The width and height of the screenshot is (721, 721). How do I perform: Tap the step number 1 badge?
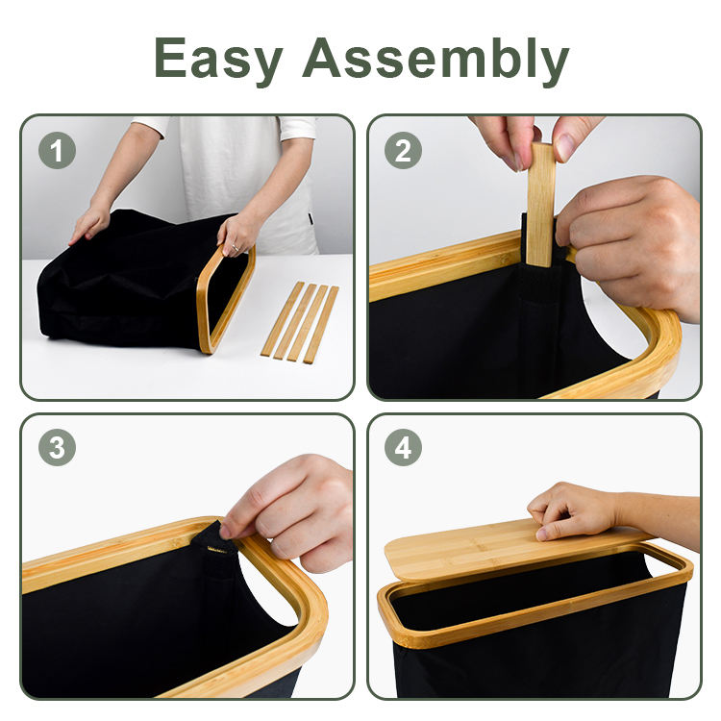click(x=57, y=150)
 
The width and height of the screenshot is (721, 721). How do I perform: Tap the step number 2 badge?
click(x=403, y=150)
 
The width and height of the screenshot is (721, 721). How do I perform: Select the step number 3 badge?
click(x=57, y=447)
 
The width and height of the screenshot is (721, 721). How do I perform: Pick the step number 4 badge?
click(x=403, y=447)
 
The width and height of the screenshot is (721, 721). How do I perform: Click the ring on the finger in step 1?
click(x=235, y=248)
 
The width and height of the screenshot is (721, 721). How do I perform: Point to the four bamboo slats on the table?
click(x=300, y=322)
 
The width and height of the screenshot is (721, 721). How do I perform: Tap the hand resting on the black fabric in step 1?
click(x=89, y=224)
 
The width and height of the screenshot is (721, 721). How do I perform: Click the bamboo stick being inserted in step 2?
click(x=540, y=205)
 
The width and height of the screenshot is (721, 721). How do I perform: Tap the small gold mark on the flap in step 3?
click(x=217, y=550)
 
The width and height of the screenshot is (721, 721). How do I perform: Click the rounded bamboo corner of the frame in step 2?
click(x=662, y=340)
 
